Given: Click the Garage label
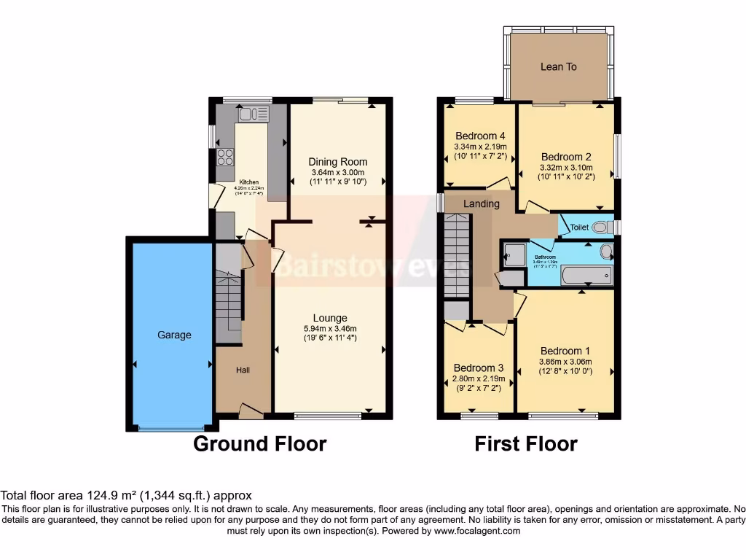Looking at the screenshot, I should (174, 335).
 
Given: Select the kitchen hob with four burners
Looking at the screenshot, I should (224, 157).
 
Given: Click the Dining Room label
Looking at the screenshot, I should (337, 162).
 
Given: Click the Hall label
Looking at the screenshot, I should (243, 370).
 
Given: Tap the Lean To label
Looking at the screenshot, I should (559, 66).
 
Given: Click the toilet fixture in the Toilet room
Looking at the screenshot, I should (600, 227).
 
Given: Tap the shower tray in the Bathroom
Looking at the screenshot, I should (514, 254).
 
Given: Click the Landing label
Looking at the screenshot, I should (482, 203).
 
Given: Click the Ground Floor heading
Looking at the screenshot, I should (259, 443).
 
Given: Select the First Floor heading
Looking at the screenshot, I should (526, 443).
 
